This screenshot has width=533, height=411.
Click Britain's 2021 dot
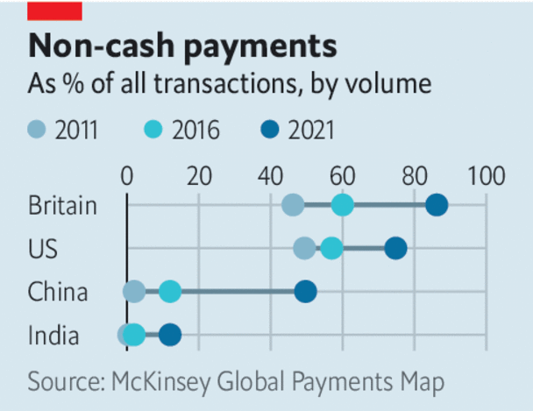click(436, 206)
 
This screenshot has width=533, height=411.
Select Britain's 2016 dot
click(343, 206)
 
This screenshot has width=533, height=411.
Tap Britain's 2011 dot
click(293, 206)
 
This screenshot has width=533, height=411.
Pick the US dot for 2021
click(395, 248)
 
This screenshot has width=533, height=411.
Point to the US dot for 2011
click(304, 248)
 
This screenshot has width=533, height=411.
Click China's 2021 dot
click(305, 291)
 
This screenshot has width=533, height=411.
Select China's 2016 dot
click(170, 291)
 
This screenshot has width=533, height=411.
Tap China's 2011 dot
click(134, 291)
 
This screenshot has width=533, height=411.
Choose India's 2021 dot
click(170, 334)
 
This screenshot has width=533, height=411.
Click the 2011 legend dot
click(36, 131)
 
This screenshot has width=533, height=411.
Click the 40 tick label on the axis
click(271, 175)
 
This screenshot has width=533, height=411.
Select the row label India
click(53, 334)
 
